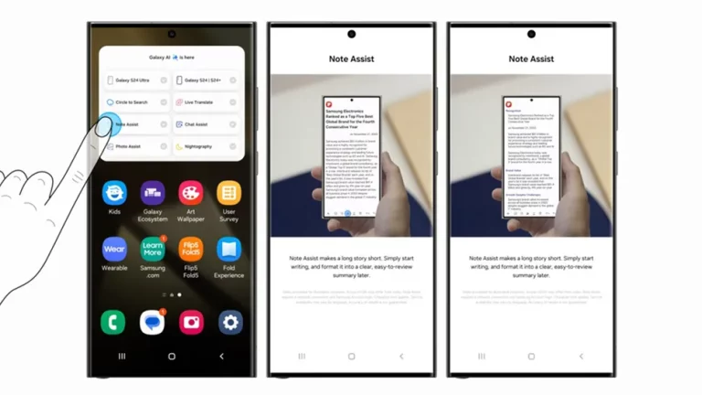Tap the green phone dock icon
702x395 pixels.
(x=113, y=322)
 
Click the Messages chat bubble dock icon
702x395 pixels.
(x=152, y=322)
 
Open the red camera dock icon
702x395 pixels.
(x=190, y=322)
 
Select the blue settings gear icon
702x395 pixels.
(x=229, y=322)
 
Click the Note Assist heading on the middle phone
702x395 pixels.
(x=351, y=59)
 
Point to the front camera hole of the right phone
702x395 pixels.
(x=531, y=35)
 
